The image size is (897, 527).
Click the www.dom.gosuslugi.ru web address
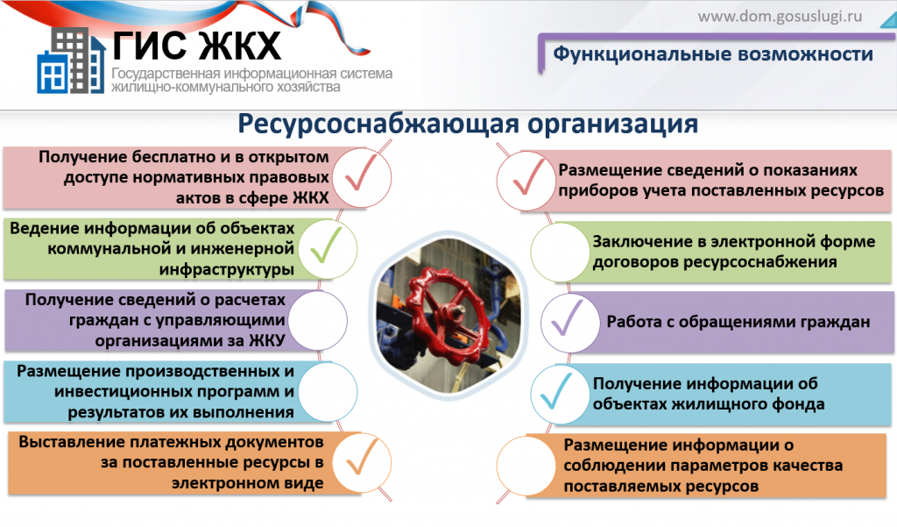coord(780,16)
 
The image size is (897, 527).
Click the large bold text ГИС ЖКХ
coord(197,45)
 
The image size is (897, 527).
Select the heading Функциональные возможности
coord(713,53)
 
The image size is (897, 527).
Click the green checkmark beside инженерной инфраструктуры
coord(326,245)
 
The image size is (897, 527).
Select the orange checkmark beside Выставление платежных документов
coord(363,457)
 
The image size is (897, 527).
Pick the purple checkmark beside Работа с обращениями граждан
coord(567,317)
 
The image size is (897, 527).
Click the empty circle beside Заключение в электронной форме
coord(560,252)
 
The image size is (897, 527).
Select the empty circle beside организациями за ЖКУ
coord(317,320)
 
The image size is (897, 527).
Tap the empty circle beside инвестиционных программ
coord(328,392)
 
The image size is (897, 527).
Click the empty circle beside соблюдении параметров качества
coord(526,465)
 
